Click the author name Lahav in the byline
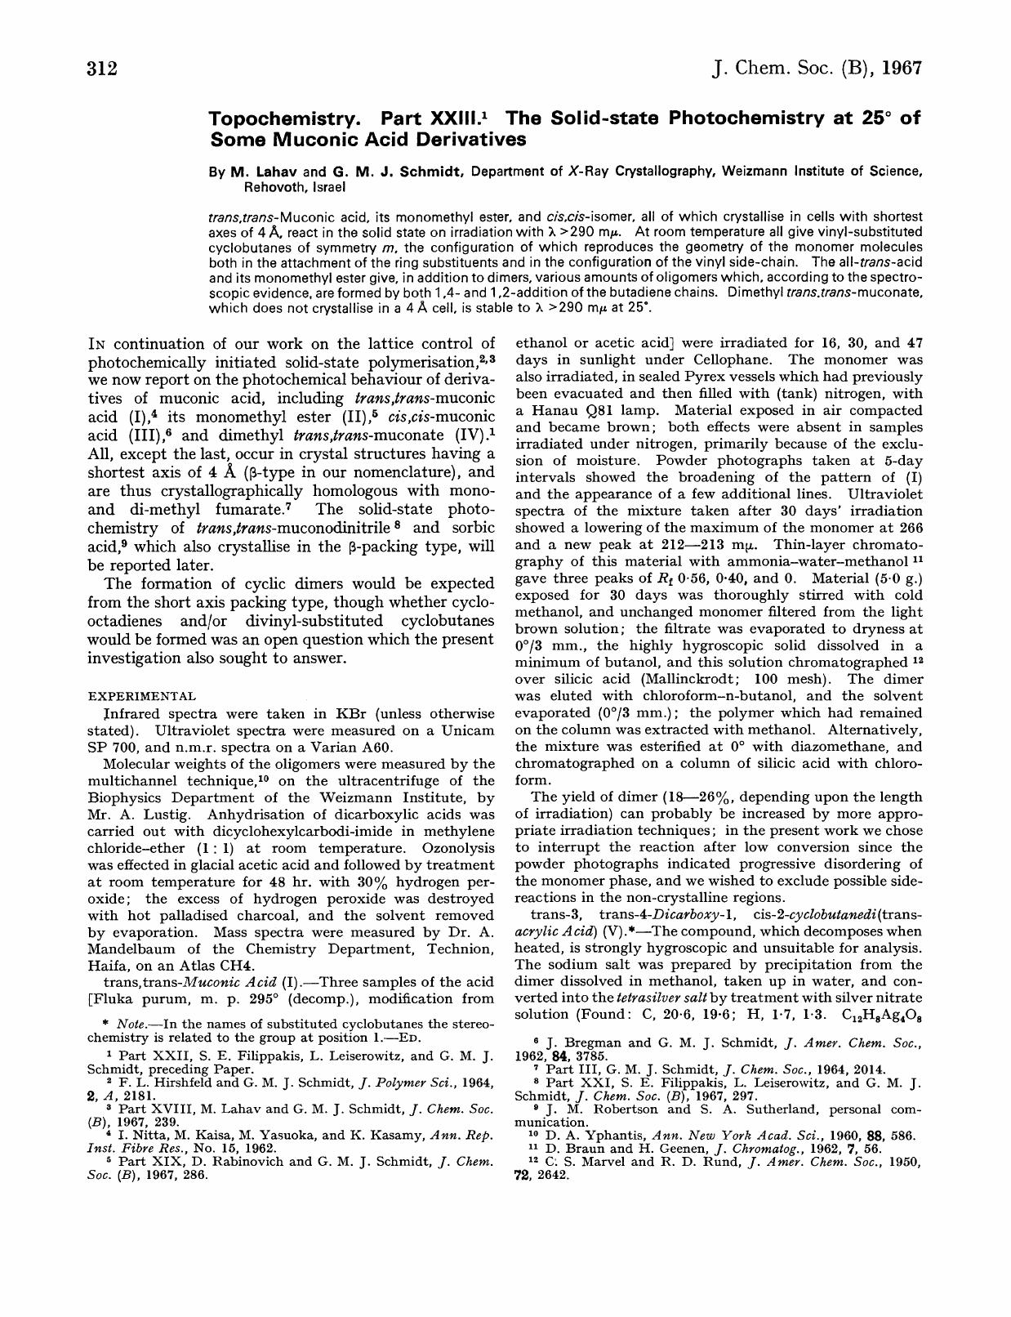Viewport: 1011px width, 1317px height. pos(274,172)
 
